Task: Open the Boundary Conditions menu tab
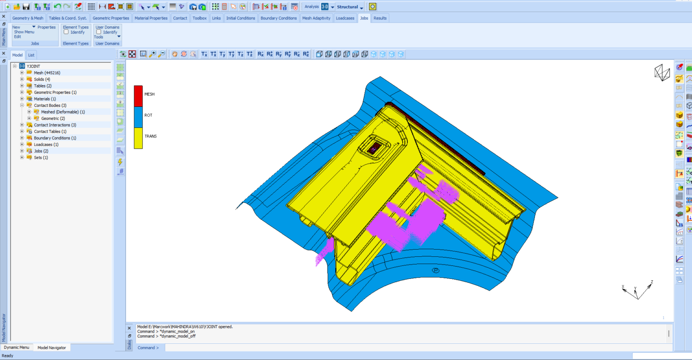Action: point(278,18)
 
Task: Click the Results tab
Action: point(380,18)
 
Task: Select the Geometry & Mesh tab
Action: point(28,18)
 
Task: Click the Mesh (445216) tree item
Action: point(47,73)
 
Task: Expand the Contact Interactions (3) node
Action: point(22,125)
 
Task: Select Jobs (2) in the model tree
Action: point(41,151)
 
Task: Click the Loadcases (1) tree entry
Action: point(46,144)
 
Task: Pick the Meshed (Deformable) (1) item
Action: point(63,112)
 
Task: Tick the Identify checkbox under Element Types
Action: point(66,32)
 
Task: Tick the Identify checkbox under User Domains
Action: point(99,32)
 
